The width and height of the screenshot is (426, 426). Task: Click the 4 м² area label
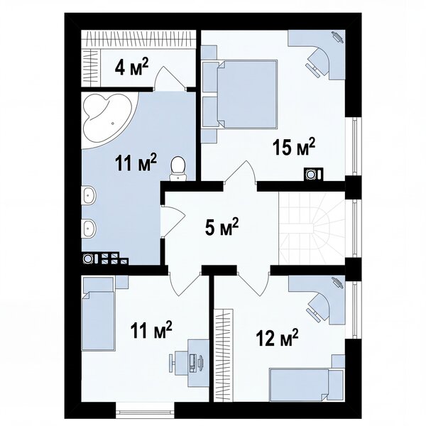132,67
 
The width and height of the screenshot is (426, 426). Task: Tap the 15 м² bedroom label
294,147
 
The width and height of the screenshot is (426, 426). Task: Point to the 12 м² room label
277,337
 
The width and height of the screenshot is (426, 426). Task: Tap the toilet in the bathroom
178,168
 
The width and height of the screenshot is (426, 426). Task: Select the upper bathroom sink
89,195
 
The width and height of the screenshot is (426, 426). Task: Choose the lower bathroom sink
89,228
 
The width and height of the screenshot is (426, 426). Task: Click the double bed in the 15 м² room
247,94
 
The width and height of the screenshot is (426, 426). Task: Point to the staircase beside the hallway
312,228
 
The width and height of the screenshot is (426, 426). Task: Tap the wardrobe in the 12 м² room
224,355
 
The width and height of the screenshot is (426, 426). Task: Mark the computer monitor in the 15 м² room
337,37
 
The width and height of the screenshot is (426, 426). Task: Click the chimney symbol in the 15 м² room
314,174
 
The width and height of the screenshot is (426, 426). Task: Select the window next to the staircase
354,228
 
